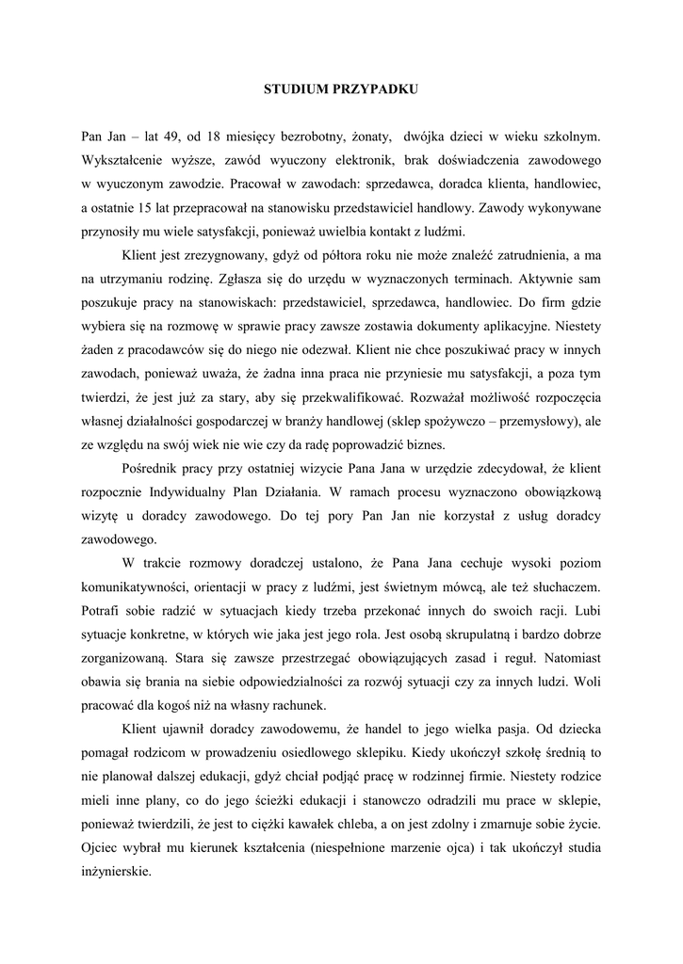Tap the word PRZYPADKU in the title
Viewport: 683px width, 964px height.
point(374,89)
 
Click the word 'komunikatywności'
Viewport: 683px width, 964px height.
point(139,586)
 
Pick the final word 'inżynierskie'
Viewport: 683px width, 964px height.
point(117,872)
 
